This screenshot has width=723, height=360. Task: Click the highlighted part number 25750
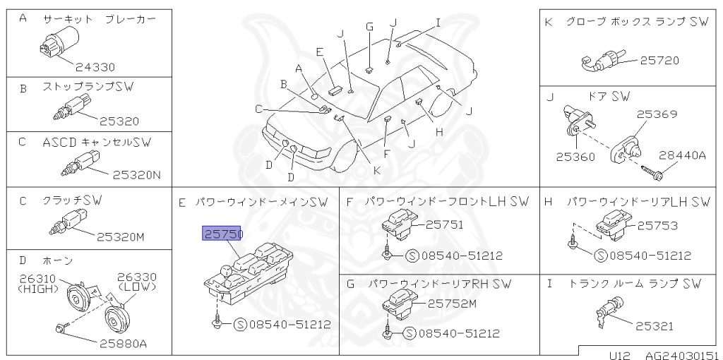[222, 234]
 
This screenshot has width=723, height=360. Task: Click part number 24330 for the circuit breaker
[95, 68]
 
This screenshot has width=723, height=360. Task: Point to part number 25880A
[117, 344]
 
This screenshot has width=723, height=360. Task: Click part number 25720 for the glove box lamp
[659, 61]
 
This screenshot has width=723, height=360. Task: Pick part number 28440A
[682, 155]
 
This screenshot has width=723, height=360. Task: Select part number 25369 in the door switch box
[657, 113]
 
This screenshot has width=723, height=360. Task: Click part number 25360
[575, 157]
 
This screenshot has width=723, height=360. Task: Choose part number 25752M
[453, 304]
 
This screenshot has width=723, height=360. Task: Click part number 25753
[657, 226]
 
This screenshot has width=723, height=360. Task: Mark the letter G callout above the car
[369, 27]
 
